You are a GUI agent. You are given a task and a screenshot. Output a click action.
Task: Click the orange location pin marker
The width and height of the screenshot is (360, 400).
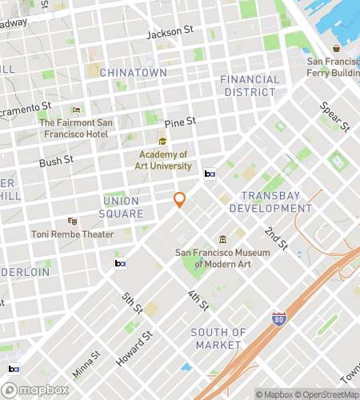point(180,200)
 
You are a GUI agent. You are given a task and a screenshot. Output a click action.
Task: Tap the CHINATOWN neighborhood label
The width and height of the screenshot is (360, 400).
point(133,73)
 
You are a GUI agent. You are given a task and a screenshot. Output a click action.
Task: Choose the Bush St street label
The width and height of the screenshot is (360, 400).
point(56,161)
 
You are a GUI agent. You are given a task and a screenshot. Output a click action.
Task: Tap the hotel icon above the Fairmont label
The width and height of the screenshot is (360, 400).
point(77,110)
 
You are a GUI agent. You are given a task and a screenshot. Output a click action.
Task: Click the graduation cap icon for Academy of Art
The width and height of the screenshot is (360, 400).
point(162,141)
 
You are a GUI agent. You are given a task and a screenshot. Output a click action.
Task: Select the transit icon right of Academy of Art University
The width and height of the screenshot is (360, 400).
point(210,173)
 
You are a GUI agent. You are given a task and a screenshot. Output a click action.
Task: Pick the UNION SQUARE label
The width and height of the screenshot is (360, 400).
point(122,207)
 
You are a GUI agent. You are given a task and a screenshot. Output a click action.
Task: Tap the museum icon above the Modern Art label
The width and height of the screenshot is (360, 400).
point(222,239)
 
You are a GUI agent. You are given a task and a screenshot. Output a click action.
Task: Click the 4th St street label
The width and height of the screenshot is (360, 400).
point(198,300)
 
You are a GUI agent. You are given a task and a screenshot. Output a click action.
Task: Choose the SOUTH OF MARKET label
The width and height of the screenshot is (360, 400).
point(218,338)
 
